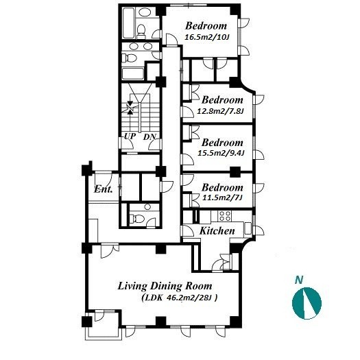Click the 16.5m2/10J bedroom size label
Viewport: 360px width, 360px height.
pyautogui.click(x=207, y=37)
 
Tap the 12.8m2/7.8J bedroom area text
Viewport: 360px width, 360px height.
pyautogui.click(x=220, y=111)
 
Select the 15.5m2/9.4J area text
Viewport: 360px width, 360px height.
pyautogui.click(x=221, y=153)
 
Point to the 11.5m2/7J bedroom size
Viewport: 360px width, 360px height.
pyautogui.click(x=222, y=197)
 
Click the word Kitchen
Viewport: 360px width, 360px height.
pyautogui.click(x=217, y=230)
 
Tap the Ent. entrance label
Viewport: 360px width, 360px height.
pyautogui.click(x=104, y=189)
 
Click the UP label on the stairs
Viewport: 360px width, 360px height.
pyautogui.click(x=130, y=136)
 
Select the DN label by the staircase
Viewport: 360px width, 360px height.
pyautogui.click(x=149, y=137)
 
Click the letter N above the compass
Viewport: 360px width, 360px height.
pyautogui.click(x=299, y=280)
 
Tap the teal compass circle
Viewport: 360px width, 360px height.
pyautogui.click(x=307, y=303)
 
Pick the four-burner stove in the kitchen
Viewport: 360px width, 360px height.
pyautogui.click(x=224, y=216)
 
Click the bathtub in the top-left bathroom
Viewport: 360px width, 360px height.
pyautogui.click(x=128, y=23)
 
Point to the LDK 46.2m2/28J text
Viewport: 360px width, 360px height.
pyautogui.click(x=179, y=298)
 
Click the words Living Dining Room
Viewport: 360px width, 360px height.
pyautogui.click(x=165, y=287)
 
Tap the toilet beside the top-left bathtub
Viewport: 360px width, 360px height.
pyautogui.click(x=141, y=32)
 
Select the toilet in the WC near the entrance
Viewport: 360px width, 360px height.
pyautogui.click(x=136, y=218)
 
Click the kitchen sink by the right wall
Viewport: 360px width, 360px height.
pyautogui.click(x=248, y=228)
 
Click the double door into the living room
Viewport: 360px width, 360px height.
pyautogui.click(x=110, y=250)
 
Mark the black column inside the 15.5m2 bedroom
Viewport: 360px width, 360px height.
pyautogui.click(x=235, y=171)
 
